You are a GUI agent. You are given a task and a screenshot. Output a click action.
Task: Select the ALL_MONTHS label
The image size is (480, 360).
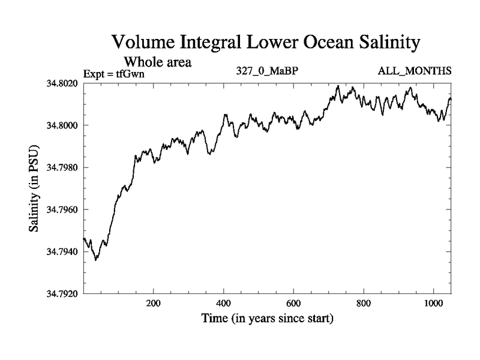click(x=415, y=71)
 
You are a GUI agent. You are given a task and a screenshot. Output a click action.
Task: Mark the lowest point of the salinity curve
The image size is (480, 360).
click(x=96, y=260)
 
